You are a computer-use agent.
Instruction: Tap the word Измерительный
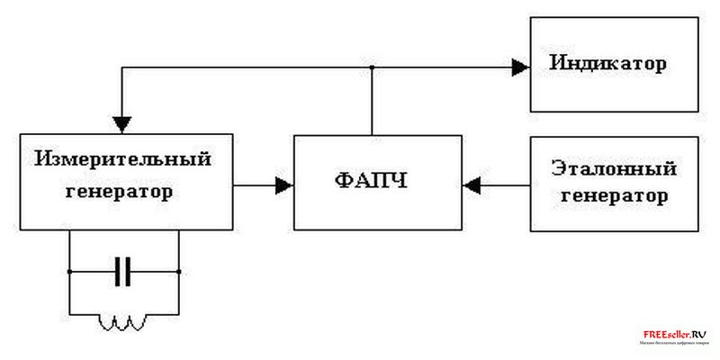(123, 159)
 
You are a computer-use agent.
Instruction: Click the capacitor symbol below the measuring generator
(123, 271)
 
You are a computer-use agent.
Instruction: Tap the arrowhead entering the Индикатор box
(520, 66)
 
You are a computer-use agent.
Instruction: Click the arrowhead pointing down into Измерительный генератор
(123, 123)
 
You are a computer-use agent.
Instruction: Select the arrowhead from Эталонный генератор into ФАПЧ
(470, 185)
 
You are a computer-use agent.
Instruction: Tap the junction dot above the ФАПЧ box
(371, 67)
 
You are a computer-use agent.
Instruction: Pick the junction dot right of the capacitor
(179, 271)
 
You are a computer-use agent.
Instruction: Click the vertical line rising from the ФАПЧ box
(371, 101)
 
